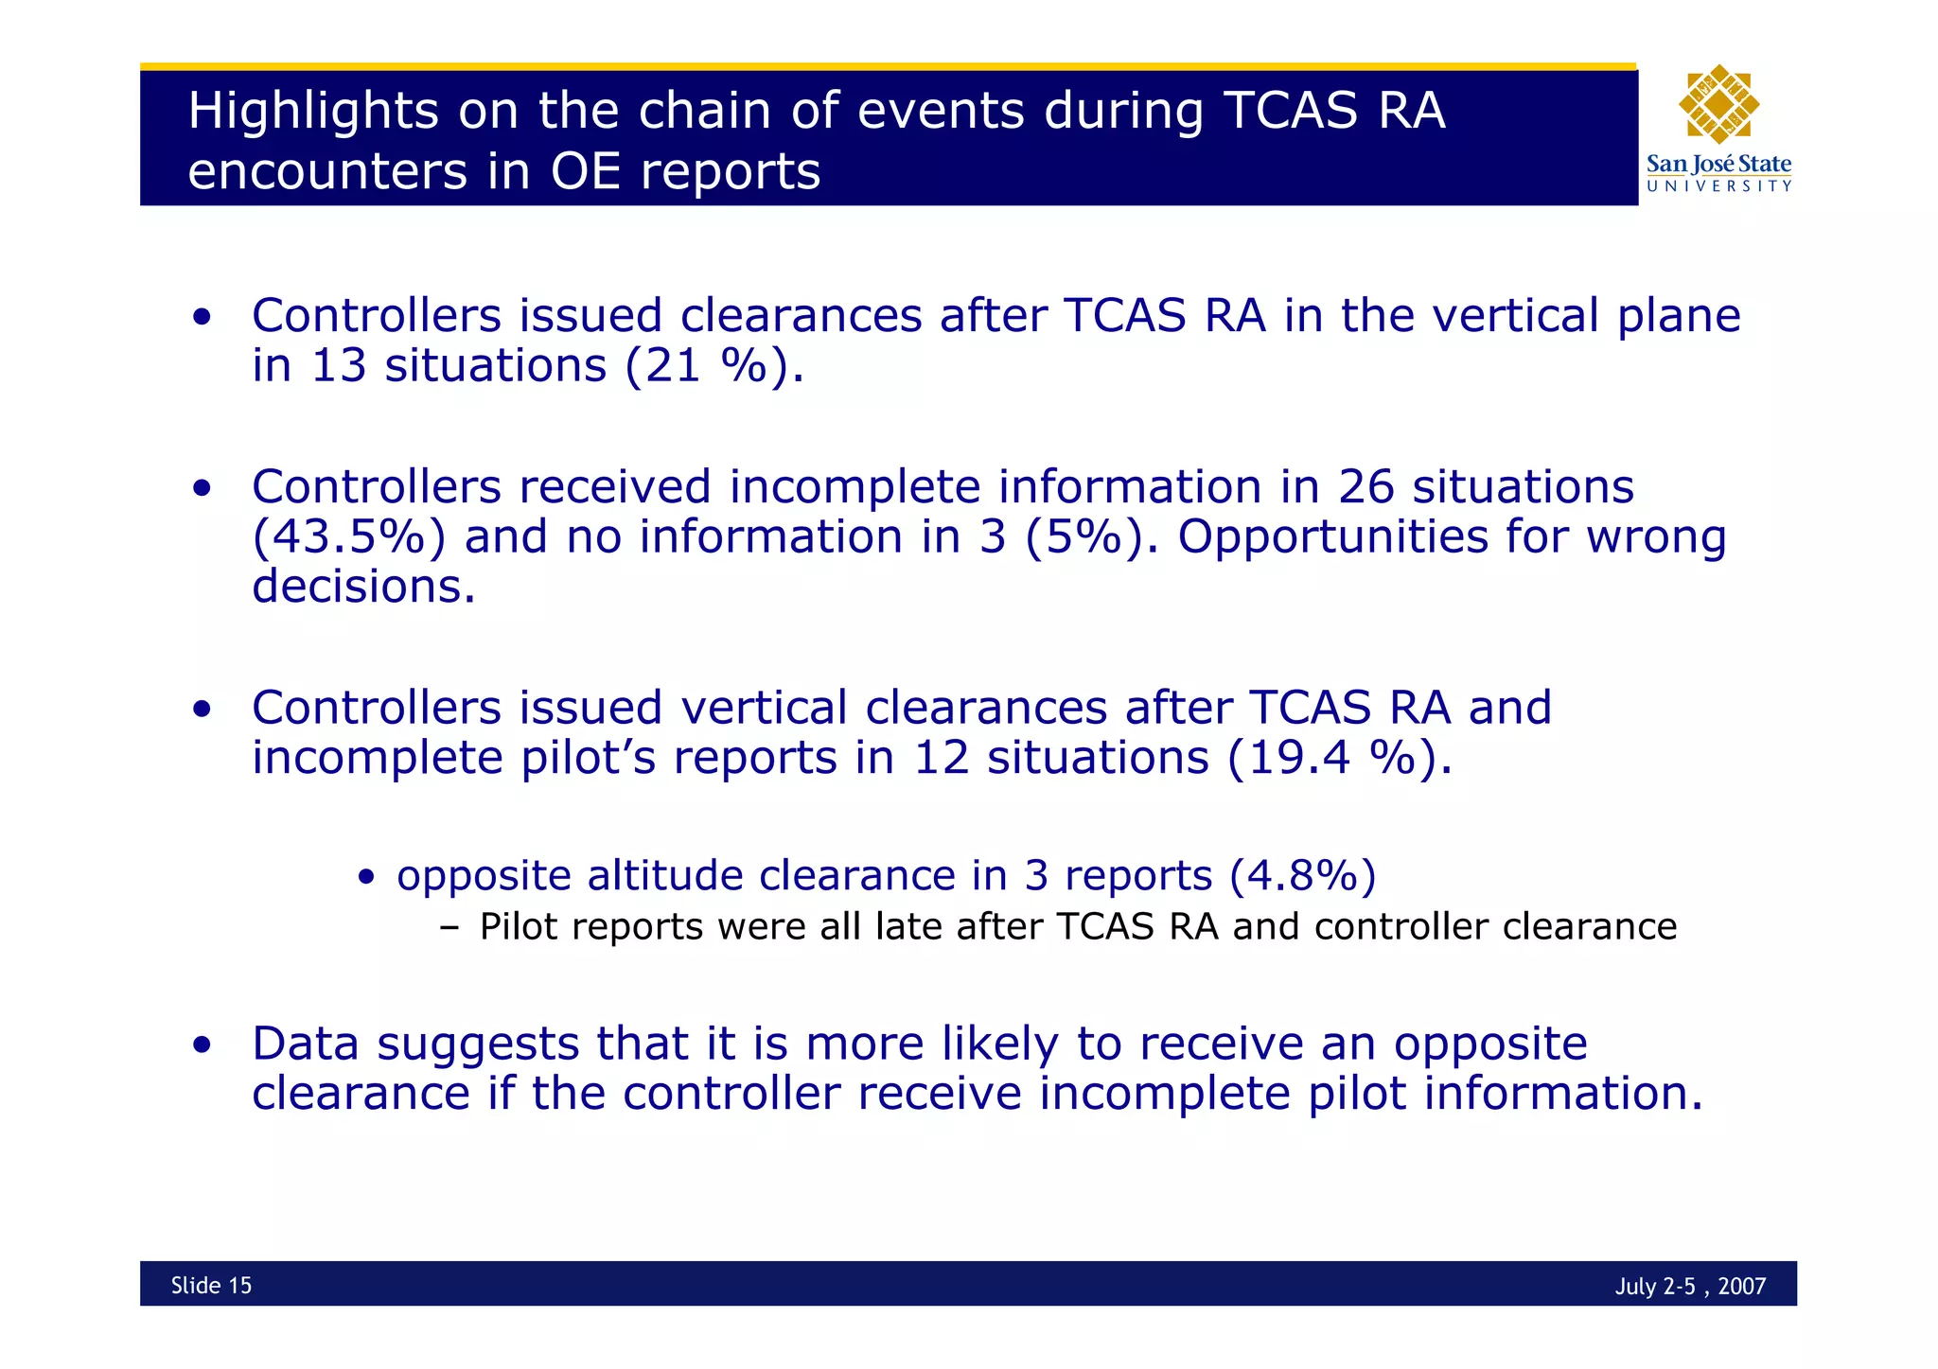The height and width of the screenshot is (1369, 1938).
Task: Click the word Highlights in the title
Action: pos(313,112)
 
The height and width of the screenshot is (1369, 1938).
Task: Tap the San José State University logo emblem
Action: pos(1718,104)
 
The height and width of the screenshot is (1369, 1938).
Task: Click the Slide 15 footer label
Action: pos(211,1285)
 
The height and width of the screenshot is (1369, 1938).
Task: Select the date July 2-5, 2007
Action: pos(1690,1286)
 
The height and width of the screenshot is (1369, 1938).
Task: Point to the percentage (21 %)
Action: pos(714,365)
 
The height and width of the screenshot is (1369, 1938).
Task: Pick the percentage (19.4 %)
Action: pos(1339,757)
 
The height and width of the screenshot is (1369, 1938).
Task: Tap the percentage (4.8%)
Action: pos(1302,875)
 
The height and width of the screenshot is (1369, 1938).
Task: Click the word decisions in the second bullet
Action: pos(363,586)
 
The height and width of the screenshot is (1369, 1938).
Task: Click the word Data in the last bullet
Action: pos(305,1044)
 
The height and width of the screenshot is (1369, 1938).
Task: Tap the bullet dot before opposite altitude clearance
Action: pos(367,877)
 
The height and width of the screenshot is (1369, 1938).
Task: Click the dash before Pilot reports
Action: pos(449,928)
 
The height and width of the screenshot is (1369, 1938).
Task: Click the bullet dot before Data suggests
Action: pos(201,1046)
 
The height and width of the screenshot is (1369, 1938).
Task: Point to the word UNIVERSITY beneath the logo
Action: pos(1718,186)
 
